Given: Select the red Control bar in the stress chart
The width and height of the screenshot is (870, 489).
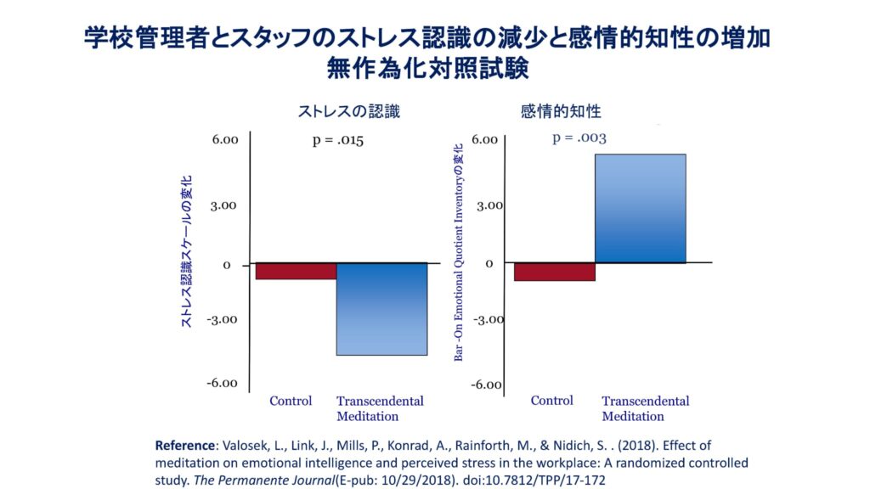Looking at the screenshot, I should tap(296, 271).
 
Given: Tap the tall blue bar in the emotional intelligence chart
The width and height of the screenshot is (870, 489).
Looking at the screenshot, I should tap(640, 208).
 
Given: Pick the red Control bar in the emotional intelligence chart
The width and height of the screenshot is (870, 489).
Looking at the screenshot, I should tap(554, 272).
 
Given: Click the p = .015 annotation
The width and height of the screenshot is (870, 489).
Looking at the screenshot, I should tap(338, 141).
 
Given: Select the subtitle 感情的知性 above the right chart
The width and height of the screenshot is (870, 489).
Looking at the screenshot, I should tap(561, 111).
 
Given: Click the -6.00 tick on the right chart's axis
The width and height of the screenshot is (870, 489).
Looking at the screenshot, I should tap(487, 385).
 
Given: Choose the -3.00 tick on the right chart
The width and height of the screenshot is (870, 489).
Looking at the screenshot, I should tap(489, 320).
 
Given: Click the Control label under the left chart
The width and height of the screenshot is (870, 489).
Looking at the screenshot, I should tap(291, 401).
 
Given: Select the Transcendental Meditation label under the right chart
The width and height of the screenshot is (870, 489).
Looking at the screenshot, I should tap(645, 408).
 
